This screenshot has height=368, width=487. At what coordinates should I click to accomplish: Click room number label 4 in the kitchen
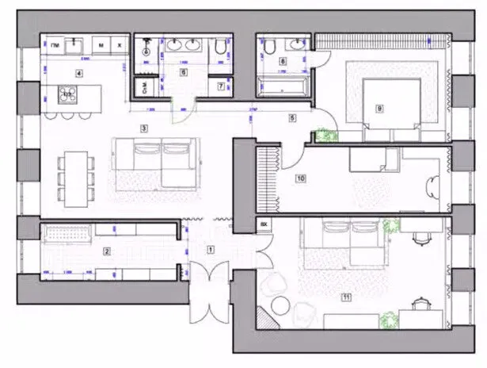coord(78,73)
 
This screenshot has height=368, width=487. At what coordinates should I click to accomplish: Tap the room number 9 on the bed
coord(380,108)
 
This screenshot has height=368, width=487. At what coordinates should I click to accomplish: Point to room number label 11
coord(346,297)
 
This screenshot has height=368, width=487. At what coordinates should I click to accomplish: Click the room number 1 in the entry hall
coord(210,249)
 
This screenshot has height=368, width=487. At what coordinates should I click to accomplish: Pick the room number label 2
coord(106,252)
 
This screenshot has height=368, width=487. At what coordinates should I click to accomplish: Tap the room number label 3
coord(144,127)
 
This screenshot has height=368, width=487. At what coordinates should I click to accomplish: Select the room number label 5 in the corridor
coord(291,118)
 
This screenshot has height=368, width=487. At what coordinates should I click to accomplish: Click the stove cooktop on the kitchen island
coord(67,94)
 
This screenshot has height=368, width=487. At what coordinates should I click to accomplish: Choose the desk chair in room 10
coord(432,187)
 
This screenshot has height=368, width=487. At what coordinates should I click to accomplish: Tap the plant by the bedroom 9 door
coord(323,136)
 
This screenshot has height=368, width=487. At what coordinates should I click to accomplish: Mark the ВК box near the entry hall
coord(263,225)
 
